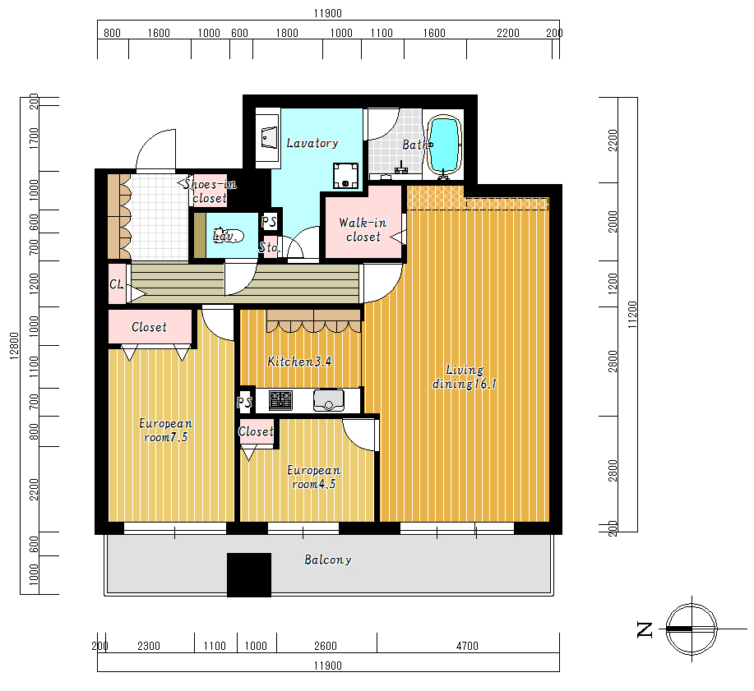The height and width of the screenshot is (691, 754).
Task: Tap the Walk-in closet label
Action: coord(363,230)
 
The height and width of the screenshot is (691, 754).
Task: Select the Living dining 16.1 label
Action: coord(465,377)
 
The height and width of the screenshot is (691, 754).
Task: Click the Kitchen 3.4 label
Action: coord(299,362)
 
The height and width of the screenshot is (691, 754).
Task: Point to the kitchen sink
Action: coord(328,400)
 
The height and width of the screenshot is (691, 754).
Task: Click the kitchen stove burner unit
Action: coord(281,400)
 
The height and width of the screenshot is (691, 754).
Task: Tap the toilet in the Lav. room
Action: coord(230,236)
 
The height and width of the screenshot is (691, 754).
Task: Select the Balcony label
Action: coord(328,560)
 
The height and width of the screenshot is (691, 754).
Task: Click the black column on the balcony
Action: coord(249,574)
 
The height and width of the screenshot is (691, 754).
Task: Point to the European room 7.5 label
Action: coord(166,430)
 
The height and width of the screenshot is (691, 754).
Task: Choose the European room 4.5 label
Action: coord(313,477)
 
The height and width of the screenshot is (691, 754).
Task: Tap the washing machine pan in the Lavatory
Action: coord(345,175)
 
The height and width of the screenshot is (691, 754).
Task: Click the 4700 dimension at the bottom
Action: coord(467,646)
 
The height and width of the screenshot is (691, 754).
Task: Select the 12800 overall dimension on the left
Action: coord(14,345)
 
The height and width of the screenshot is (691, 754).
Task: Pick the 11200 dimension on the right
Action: coord(632,315)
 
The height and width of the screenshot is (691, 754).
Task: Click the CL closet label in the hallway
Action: coord(117,284)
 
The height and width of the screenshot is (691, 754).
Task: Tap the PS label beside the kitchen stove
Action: coord(244,403)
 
